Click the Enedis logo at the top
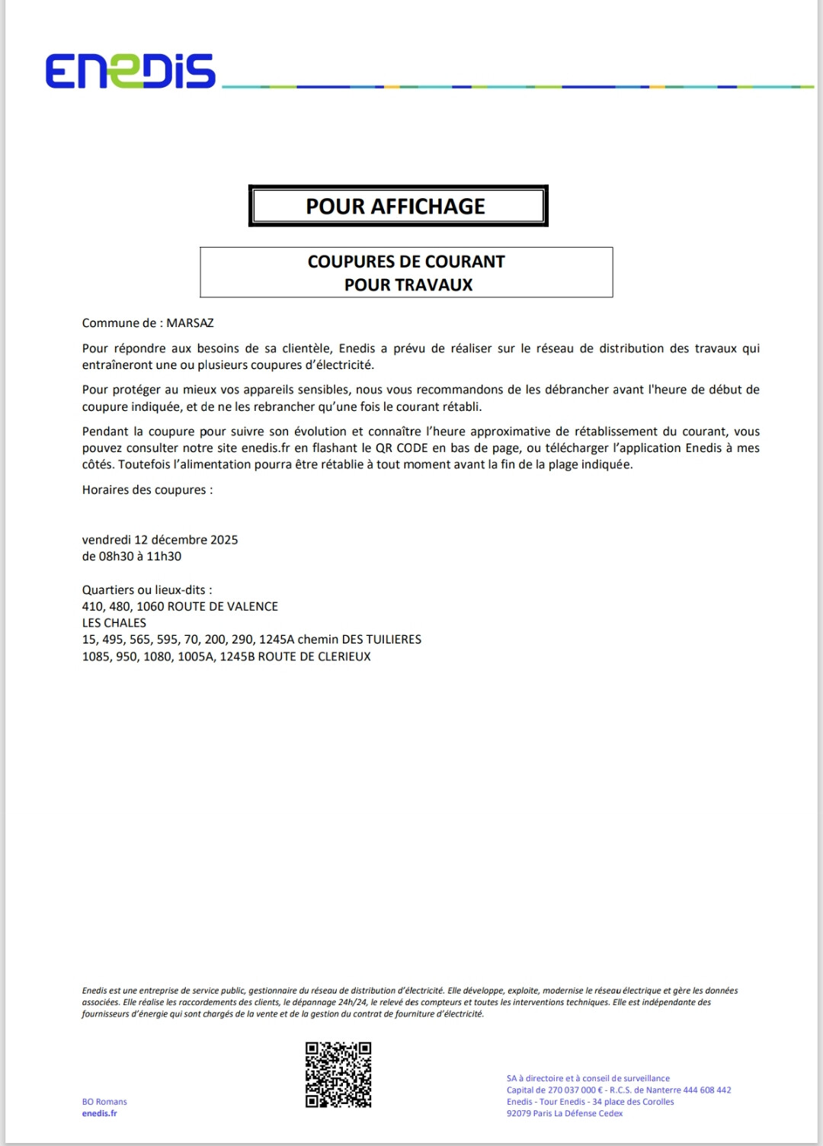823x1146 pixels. pyautogui.click(x=130, y=71)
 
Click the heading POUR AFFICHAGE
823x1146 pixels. pyautogui.click(x=395, y=206)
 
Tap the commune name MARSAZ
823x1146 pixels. pyautogui.click(x=190, y=323)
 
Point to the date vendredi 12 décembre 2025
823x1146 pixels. pyautogui.click(x=160, y=539)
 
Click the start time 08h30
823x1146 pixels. pyautogui.click(x=115, y=556)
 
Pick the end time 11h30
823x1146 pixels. pyautogui.click(x=164, y=556)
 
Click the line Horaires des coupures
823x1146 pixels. pyautogui.click(x=147, y=490)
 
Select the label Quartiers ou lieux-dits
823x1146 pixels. pyautogui.click(x=146, y=589)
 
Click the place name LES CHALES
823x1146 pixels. pyautogui.click(x=114, y=622)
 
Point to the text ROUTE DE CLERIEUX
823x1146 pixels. pyautogui.click(x=314, y=656)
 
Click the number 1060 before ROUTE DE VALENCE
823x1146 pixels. pyautogui.click(x=151, y=606)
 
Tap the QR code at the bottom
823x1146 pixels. pyautogui.click(x=338, y=1074)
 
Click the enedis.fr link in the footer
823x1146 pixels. pyautogui.click(x=99, y=1113)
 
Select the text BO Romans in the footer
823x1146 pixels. pyautogui.click(x=104, y=1101)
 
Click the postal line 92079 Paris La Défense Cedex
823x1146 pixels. pyautogui.click(x=564, y=1113)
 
